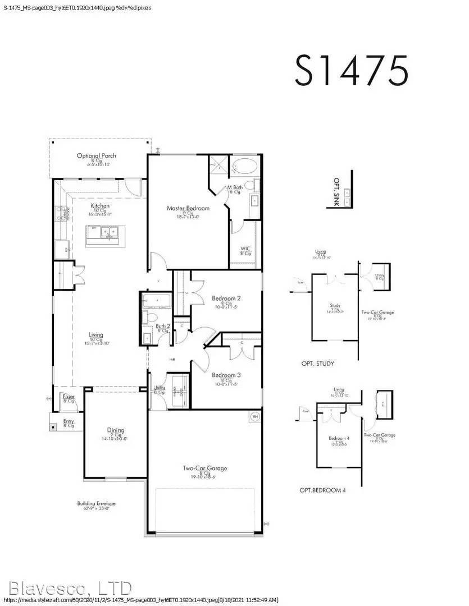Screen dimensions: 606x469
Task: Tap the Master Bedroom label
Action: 188,208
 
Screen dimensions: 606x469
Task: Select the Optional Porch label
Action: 96,156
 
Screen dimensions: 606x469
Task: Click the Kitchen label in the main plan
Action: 100,206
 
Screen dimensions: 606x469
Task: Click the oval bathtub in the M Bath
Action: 245,167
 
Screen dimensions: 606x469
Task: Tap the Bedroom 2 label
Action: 226,298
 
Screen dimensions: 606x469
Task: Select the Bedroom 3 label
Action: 226,375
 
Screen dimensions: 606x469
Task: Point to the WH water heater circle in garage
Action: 254,417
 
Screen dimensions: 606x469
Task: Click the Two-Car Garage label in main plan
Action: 204,468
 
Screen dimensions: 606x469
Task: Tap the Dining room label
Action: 116,430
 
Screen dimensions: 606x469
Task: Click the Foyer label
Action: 69,397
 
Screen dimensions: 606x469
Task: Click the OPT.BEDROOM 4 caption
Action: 322,490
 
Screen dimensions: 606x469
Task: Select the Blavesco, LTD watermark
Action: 66,588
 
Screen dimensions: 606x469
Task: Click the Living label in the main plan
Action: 96,335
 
